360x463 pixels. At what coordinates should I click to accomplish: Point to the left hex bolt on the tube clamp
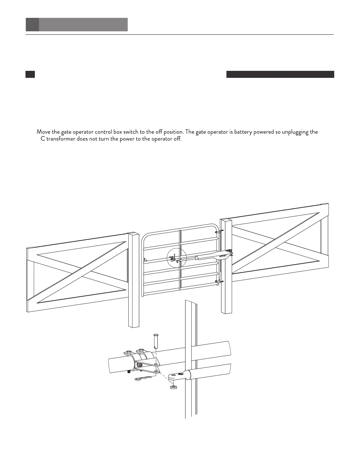pyautogui.click(x=128, y=352)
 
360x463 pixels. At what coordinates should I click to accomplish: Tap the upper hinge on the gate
pyautogui.click(x=219, y=231)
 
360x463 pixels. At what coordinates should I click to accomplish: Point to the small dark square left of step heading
pyautogui.click(x=30, y=74)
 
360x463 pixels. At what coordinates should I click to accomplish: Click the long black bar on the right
pyautogui.click(x=280, y=74)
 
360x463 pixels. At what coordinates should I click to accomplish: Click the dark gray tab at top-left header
pyautogui.click(x=32, y=25)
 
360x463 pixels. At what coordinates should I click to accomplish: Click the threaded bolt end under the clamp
pyautogui.click(x=129, y=373)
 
